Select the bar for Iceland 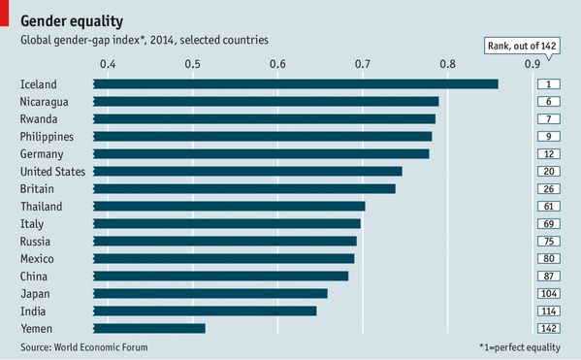click(x=296, y=84)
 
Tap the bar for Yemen click(x=149, y=329)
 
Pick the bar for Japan click(x=210, y=294)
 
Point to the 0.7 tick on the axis click(x=363, y=64)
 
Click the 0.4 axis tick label click(x=107, y=64)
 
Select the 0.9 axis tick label click(x=533, y=64)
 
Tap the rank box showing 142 click(x=548, y=329)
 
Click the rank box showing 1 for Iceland click(x=548, y=84)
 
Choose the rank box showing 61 click(x=548, y=207)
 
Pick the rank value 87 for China click(x=548, y=277)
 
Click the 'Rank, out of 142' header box click(x=523, y=45)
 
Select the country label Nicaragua click(x=45, y=102)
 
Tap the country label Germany click(x=42, y=154)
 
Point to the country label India click(x=32, y=311)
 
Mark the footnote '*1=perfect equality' click(x=520, y=346)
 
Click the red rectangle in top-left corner click(x=4, y=14)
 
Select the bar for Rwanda click(x=264, y=119)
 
